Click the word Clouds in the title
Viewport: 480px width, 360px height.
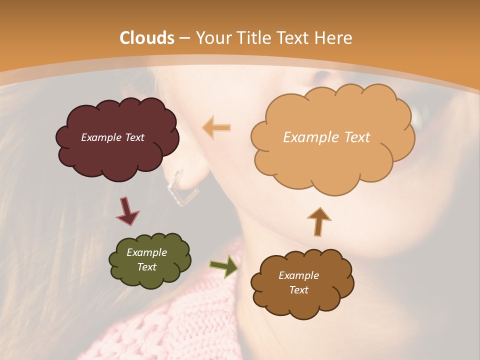[x=146, y=38]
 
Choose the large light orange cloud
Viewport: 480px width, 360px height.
[x=332, y=160]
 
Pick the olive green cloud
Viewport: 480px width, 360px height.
[x=150, y=277]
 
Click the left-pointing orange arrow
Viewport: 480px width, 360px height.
[x=216, y=128]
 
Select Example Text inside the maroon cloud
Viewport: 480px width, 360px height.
[x=112, y=137]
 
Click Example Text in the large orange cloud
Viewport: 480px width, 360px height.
[x=326, y=137]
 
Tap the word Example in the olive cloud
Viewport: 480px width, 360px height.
[x=146, y=252]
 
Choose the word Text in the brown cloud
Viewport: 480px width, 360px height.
[x=298, y=290]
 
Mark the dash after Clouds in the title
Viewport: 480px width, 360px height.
[x=184, y=38]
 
